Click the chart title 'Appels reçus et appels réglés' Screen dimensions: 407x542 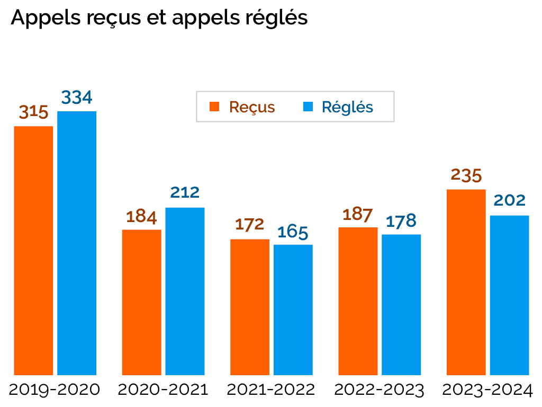[159, 18]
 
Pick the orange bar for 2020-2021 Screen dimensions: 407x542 [141, 302]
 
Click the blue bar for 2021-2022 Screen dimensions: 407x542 [293, 309]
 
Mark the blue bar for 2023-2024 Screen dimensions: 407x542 [509, 295]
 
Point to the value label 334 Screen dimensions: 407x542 [77, 98]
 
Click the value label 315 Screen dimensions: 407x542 [34, 112]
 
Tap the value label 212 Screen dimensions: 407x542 [185, 192]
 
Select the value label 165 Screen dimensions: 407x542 [293, 232]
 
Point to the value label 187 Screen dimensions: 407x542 [358, 214]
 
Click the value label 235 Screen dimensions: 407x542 [466, 175]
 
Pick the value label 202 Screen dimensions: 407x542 [509, 200]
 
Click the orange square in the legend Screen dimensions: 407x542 [214, 107]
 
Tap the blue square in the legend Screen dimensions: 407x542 [308, 107]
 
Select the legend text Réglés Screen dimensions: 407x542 [348, 107]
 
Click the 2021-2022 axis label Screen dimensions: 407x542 [271, 390]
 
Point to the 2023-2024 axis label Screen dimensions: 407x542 [487, 390]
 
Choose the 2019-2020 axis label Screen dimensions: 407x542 [55, 390]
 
